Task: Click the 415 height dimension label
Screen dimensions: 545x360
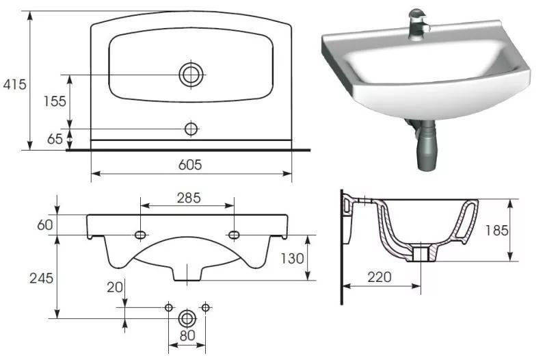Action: [x=14, y=84]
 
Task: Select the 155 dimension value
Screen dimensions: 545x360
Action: [x=55, y=101]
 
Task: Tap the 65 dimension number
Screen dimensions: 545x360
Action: [x=55, y=139]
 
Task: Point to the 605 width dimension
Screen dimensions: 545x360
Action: [x=190, y=165]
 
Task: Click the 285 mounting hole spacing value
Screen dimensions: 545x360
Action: [x=189, y=198]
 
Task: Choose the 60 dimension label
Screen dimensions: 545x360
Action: [x=45, y=225]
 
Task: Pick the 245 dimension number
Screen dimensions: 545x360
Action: [x=41, y=279]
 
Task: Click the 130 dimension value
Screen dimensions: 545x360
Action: [x=292, y=259]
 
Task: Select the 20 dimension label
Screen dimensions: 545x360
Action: [x=115, y=287]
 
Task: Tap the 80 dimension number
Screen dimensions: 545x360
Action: [x=187, y=335]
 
